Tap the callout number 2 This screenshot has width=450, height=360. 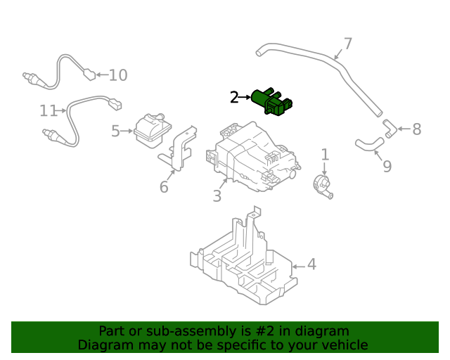tap(234, 98)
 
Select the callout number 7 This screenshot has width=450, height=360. tap(347, 44)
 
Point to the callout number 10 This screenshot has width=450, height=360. tap(117, 75)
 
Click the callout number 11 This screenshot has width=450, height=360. tap(48, 111)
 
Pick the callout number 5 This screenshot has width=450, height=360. tap(116, 130)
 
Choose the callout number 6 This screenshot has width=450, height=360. tap(164, 187)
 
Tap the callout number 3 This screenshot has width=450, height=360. tap(217, 196)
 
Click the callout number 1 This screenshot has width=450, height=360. tap(325, 154)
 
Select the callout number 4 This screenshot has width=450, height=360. tap(311, 265)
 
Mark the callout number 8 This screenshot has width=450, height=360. tap(416, 129)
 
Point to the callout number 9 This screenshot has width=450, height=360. tap(387, 167)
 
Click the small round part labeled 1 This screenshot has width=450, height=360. tap(323, 185)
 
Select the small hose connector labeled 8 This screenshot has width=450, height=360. tap(390, 128)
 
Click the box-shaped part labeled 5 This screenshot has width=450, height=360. tap(153, 130)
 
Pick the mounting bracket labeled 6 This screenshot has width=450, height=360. tap(180, 148)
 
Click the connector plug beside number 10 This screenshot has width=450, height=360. tap(89, 73)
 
